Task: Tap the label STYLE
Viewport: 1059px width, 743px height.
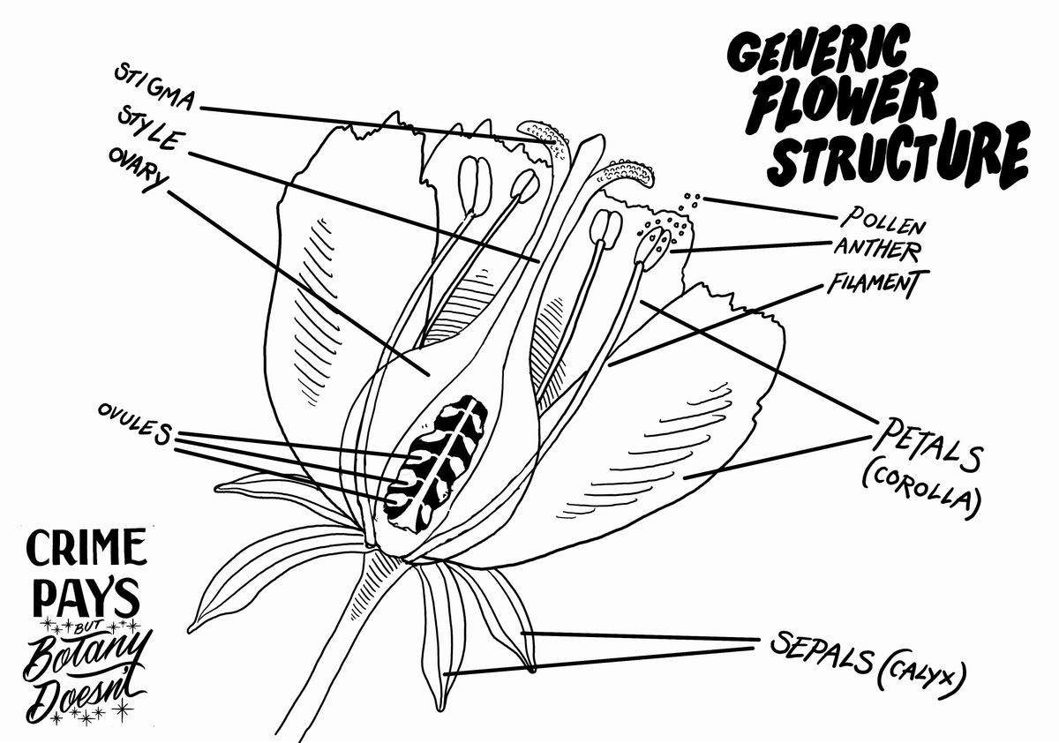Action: (x=149, y=130)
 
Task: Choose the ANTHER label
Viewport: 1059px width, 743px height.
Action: (x=876, y=248)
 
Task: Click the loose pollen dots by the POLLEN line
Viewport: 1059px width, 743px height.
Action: (x=690, y=199)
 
